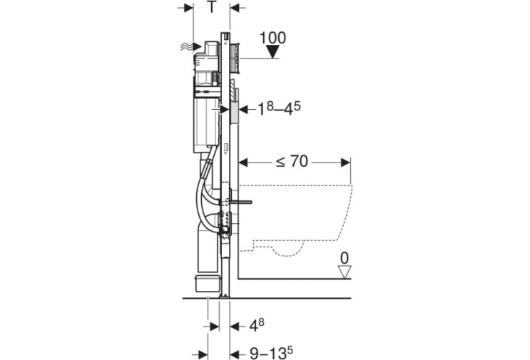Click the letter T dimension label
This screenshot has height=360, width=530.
(212, 7)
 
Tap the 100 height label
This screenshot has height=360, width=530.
(272, 38)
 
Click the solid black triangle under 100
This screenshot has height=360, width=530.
(272, 52)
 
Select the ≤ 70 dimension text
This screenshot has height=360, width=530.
(292, 162)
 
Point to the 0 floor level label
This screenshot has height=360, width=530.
(344, 258)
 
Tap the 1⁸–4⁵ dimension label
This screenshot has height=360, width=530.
(279, 109)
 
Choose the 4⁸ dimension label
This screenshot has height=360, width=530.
(257, 326)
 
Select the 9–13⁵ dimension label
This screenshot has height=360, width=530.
(271, 354)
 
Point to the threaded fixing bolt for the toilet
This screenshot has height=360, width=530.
(240, 202)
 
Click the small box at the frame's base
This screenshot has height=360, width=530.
(207, 283)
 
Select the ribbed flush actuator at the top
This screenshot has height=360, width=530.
(234, 58)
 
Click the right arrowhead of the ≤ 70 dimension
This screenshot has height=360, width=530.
(346, 163)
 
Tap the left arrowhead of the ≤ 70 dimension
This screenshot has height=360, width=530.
(244, 163)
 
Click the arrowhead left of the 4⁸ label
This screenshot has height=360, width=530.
(235, 326)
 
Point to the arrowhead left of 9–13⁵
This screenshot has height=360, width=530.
(235, 354)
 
